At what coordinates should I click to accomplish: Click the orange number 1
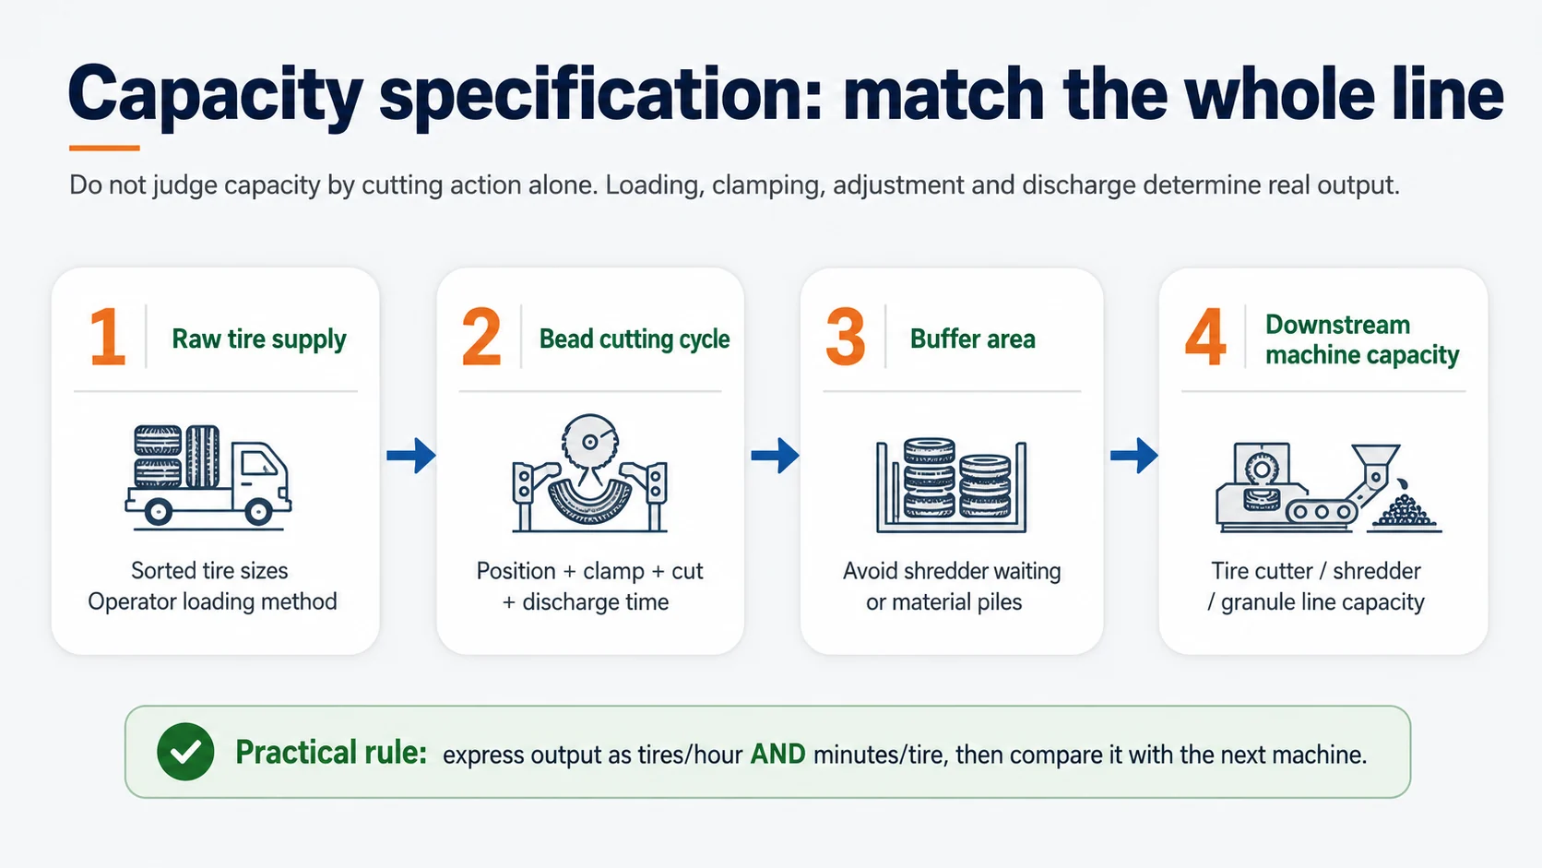tap(108, 337)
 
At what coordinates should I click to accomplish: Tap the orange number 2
tap(481, 337)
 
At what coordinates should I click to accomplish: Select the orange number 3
tap(846, 337)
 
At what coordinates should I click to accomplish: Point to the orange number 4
tap(1205, 337)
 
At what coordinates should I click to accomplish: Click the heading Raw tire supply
tap(259, 339)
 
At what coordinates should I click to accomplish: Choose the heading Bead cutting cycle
tap(634, 339)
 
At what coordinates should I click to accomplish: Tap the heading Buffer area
tap(973, 339)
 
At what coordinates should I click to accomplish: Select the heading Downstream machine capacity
tap(1362, 340)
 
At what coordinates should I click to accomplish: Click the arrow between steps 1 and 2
tap(411, 455)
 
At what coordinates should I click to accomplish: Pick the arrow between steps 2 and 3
tap(775, 455)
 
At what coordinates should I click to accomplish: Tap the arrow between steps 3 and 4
tap(1134, 455)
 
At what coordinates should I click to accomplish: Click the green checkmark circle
tap(185, 752)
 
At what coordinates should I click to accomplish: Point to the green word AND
tap(777, 755)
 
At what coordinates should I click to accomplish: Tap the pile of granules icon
tap(1405, 510)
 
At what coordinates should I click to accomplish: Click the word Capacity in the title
tap(216, 94)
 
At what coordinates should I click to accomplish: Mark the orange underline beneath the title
tap(104, 148)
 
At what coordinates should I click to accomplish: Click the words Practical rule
tap(331, 753)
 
